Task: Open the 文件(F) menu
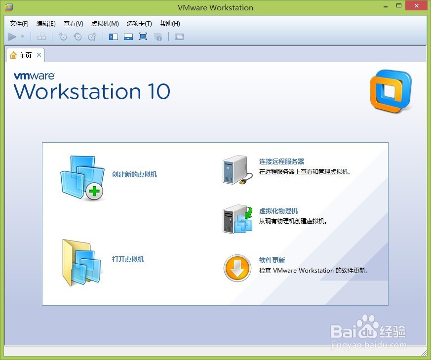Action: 19,24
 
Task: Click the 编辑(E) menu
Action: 46,24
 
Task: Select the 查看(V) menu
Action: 74,24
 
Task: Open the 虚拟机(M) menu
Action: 105,24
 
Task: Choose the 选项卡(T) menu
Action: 139,24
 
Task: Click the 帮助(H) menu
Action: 170,24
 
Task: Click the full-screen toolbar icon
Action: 143,37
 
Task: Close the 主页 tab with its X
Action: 39,55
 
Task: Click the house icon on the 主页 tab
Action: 13,55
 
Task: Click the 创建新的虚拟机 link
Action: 134,174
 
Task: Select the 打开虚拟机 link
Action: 128,259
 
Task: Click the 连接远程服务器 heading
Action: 282,161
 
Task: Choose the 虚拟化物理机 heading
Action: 278,211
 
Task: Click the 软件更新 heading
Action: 272,260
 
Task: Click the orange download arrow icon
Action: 237,268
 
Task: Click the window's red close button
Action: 416,6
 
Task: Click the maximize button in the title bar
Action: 399,6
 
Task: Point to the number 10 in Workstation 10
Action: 159,91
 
